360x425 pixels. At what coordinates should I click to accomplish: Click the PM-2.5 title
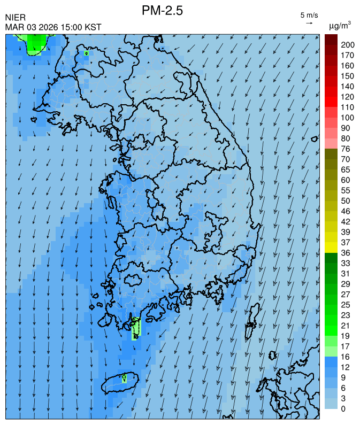coord(163,10)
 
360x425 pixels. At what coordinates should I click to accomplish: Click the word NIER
coord(15,18)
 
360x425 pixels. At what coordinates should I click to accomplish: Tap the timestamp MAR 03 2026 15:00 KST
coord(53,27)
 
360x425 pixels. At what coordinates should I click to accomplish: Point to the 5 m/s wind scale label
coord(309,14)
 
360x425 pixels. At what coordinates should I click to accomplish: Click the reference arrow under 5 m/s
coord(309,23)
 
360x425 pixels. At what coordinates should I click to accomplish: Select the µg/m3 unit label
coord(340,25)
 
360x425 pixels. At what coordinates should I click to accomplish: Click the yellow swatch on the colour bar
coord(331,247)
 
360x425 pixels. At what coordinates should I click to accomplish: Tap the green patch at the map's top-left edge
coord(35,43)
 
